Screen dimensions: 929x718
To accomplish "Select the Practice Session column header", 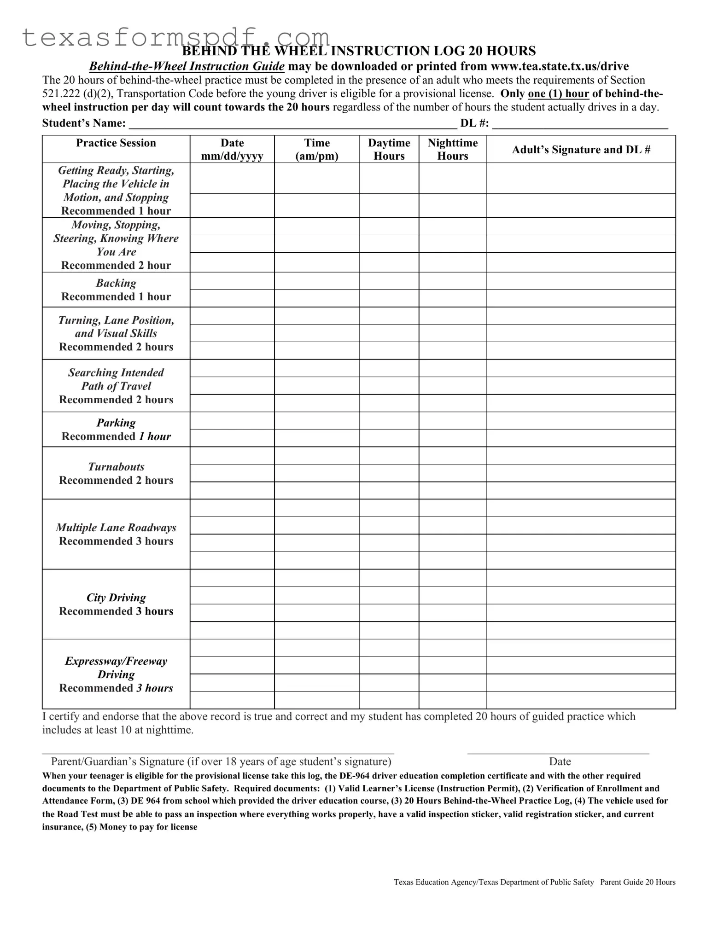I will [x=116, y=143].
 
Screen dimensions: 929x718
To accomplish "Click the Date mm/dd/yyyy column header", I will [x=232, y=150].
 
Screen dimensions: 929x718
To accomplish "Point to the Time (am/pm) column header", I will [x=317, y=150].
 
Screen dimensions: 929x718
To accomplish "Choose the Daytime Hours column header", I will [x=389, y=150].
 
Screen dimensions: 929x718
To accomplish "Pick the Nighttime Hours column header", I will [x=452, y=150].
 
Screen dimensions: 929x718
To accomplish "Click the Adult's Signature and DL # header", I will [x=581, y=150].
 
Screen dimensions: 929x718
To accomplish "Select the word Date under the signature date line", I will [x=560, y=761].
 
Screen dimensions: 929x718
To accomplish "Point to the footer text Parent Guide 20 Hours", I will [x=637, y=882].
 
